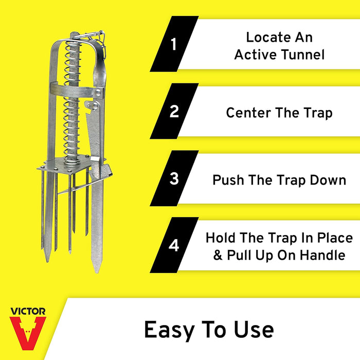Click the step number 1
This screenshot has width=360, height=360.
click(174, 44)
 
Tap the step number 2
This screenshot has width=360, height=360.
click(174, 111)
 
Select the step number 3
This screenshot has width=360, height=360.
click(174, 178)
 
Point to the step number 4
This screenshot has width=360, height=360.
click(174, 245)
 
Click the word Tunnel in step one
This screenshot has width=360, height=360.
click(302, 55)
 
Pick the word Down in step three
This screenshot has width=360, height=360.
click(328, 180)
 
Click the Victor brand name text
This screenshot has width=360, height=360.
click(28, 311)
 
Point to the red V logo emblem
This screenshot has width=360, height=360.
click(28, 330)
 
